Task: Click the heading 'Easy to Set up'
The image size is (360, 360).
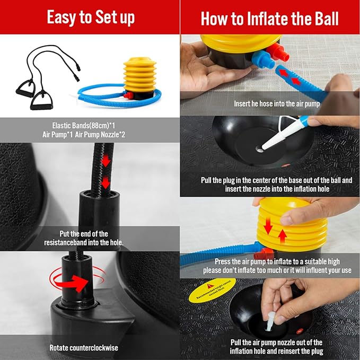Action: coord(90,17)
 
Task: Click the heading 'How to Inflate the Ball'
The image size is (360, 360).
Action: coord(270,18)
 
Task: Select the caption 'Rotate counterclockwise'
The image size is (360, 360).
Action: coord(84,348)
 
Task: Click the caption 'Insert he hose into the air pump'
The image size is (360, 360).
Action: coord(277,104)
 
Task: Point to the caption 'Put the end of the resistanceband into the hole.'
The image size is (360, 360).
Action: coord(84,238)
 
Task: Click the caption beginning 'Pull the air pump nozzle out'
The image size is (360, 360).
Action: coord(276,347)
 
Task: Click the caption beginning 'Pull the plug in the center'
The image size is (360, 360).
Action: coord(276,185)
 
